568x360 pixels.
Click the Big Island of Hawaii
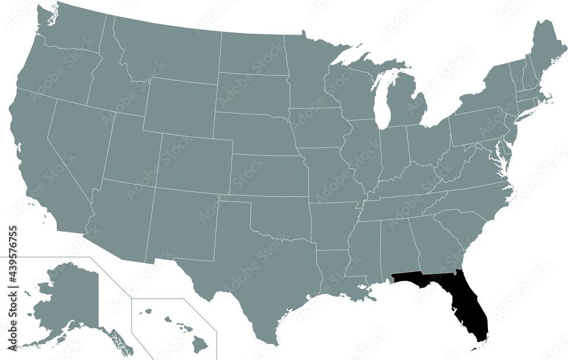click(200, 342)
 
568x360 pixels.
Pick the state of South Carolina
click(460, 227)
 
